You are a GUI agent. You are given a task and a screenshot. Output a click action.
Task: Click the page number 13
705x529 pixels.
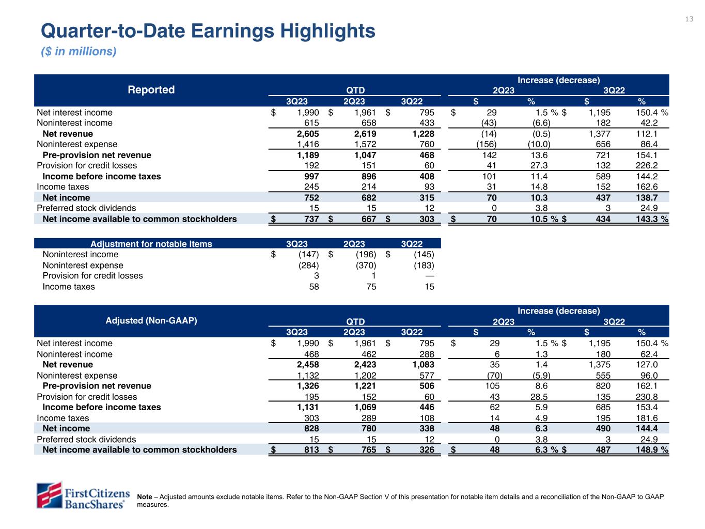pyautogui.click(x=689, y=19)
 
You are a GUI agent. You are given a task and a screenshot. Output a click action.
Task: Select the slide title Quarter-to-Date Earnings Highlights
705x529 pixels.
pyautogui.click(x=208, y=31)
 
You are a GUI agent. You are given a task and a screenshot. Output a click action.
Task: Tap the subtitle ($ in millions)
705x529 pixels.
pyautogui.click(x=79, y=52)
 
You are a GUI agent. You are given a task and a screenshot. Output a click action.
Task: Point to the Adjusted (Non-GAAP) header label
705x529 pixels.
pyautogui.click(x=151, y=320)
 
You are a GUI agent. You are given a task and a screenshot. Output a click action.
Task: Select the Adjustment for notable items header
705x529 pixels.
pyautogui.click(x=151, y=244)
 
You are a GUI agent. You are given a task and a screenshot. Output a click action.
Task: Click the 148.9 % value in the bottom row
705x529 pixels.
pyautogui.click(x=655, y=449)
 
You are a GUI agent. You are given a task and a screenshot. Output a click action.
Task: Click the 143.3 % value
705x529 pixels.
pyautogui.click(x=655, y=219)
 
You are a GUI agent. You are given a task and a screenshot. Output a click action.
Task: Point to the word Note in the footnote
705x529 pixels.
pyautogui.click(x=145, y=497)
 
